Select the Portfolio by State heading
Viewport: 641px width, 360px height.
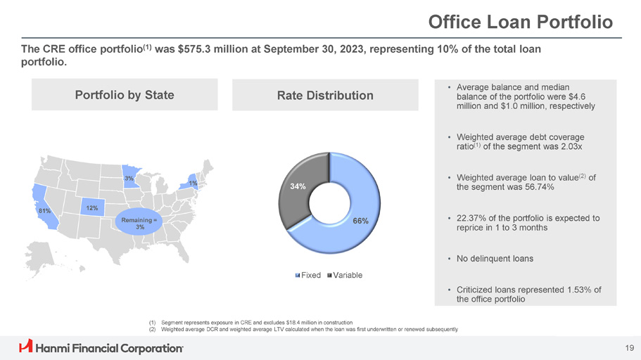coord(125,95)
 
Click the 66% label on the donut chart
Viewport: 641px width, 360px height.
coord(360,221)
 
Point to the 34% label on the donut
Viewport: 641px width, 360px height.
coord(297,187)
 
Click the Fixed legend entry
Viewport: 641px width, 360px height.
coord(309,274)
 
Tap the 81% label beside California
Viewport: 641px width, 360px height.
coord(44,211)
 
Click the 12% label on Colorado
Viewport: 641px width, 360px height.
coord(91,209)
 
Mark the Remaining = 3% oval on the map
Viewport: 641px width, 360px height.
coord(140,223)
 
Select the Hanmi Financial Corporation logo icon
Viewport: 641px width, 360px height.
coord(26,347)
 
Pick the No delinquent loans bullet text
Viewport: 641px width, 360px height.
coord(495,259)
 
